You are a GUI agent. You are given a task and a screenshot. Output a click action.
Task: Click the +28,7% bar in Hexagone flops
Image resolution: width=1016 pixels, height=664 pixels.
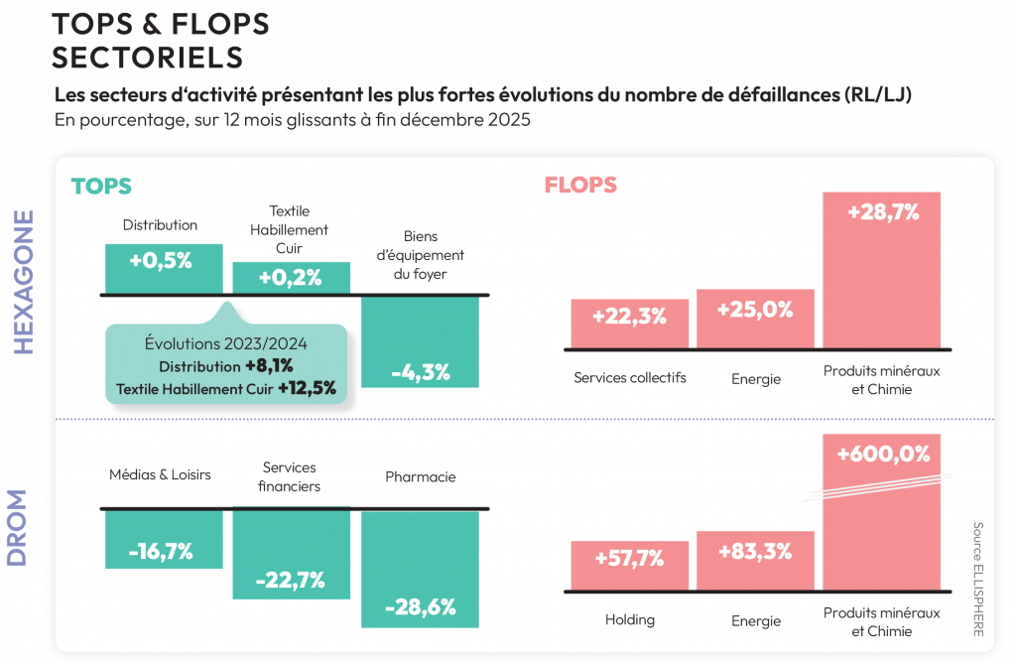881,268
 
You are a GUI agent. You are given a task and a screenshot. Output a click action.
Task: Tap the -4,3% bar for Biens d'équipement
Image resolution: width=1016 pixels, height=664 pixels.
420,341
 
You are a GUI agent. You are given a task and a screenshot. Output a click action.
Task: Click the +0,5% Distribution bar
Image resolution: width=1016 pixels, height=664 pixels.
164,268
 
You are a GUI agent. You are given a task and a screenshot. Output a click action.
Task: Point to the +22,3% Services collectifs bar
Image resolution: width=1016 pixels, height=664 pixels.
629,323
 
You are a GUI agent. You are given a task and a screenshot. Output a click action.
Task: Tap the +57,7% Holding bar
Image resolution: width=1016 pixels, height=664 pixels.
629,565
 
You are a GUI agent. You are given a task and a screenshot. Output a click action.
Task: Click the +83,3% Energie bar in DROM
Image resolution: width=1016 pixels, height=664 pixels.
755,560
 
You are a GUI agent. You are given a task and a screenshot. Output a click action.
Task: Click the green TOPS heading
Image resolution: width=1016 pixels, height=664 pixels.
101,186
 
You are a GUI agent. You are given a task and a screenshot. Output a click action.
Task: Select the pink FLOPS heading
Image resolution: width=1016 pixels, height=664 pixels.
580,185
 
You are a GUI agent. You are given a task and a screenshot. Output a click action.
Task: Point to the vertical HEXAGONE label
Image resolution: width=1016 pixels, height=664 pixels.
23,282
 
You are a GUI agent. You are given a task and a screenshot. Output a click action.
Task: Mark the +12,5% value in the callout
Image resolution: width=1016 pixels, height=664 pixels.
307,388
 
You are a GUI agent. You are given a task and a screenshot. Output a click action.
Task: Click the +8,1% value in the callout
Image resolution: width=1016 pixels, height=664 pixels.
270,366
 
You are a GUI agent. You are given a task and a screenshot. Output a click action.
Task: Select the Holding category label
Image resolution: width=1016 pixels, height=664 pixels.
629,619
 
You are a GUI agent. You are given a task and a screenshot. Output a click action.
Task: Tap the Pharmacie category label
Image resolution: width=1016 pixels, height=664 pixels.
420,476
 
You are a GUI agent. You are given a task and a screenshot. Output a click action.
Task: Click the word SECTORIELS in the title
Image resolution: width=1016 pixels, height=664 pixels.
147,57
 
